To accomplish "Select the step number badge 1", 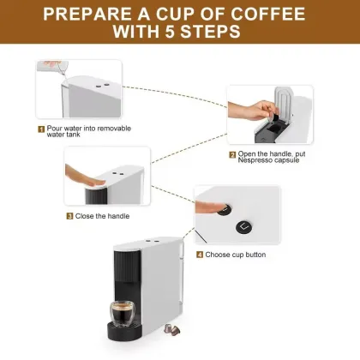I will (x=40, y=129).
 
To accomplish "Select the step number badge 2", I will (x=232, y=155).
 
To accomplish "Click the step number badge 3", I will (x=69, y=216).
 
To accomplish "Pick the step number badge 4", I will (x=200, y=255).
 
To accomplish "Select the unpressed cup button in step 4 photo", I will (x=243, y=225).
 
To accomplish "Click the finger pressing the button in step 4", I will (x=210, y=207).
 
